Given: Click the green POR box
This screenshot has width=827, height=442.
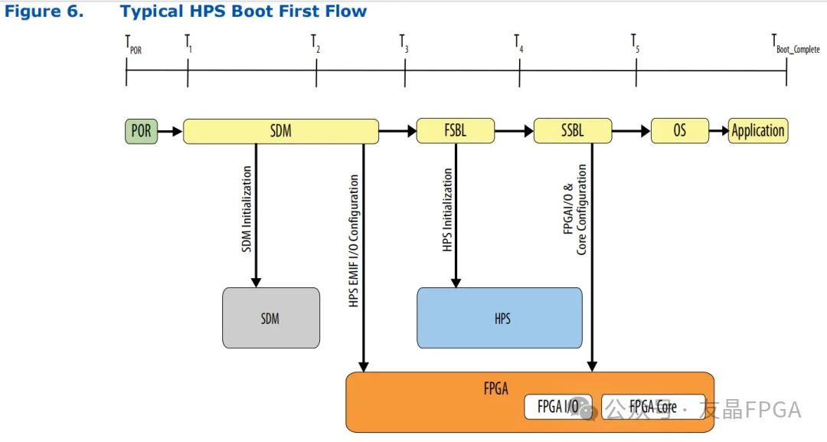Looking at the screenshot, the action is click(142, 131).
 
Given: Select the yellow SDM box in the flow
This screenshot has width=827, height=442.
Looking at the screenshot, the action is click(280, 131).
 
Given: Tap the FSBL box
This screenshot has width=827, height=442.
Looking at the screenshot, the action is click(456, 131).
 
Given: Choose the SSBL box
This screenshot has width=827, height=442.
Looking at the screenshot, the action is click(573, 131).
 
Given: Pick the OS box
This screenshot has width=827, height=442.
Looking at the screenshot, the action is click(680, 131).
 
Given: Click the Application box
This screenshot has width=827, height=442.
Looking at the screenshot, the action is click(758, 131).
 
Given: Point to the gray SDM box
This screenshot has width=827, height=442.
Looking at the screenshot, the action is click(271, 318).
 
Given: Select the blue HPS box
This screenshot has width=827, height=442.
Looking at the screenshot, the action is click(499, 318).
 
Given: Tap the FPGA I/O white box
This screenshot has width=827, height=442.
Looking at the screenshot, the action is click(558, 407).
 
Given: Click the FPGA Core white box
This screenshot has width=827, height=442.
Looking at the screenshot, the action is click(653, 407).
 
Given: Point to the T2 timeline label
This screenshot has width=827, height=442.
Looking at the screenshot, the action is click(315, 44).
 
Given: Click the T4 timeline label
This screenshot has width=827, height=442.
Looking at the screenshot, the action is click(519, 44).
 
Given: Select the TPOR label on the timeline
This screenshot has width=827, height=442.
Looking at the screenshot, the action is click(133, 44).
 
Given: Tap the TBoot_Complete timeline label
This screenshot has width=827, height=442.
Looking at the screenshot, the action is click(796, 44).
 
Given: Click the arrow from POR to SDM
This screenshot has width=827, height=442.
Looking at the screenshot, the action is click(170, 131).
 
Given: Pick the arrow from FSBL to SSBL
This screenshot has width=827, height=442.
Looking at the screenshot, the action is click(515, 131).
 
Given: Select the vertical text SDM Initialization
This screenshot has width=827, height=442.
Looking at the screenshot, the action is click(247, 209).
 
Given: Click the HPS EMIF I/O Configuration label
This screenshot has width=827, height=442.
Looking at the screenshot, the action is click(353, 241).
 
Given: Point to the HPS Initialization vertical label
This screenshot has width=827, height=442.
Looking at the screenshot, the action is click(447, 210).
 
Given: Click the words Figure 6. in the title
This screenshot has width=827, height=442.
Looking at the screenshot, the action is click(44, 11).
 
